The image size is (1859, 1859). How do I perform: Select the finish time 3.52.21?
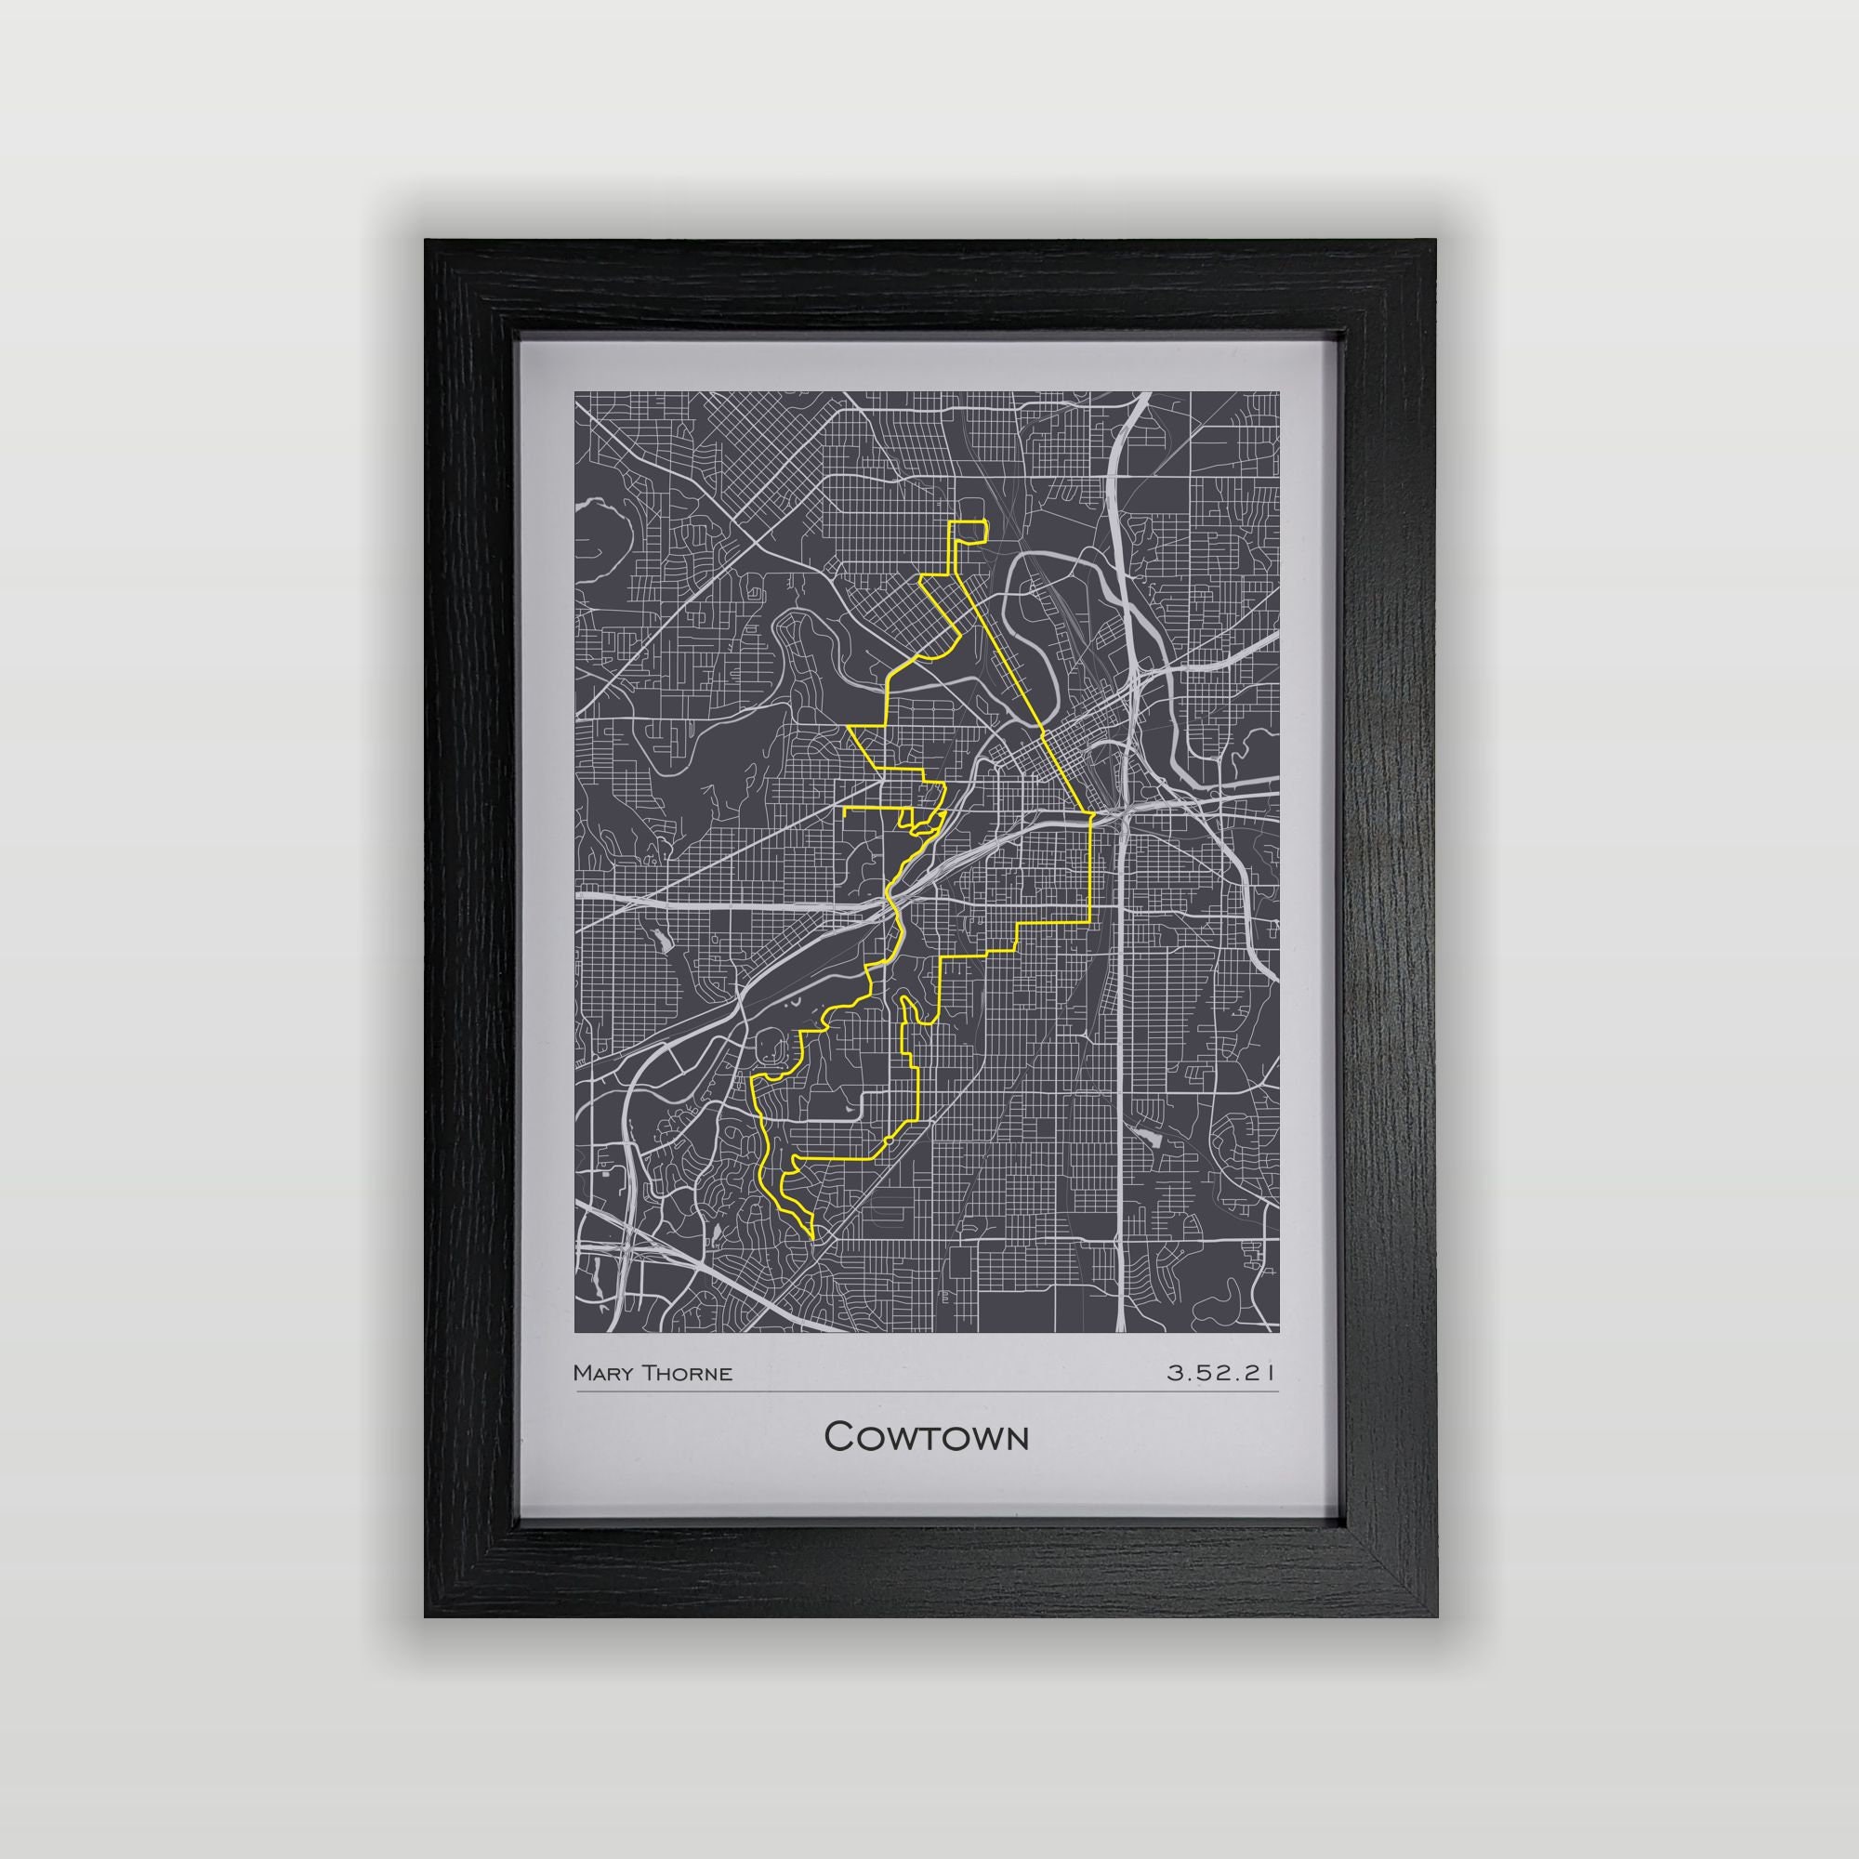1221,1373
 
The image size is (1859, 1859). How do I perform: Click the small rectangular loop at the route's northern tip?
969,531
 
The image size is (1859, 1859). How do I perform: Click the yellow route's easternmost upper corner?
1093,815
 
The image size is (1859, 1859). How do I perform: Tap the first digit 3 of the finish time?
1174,1373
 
